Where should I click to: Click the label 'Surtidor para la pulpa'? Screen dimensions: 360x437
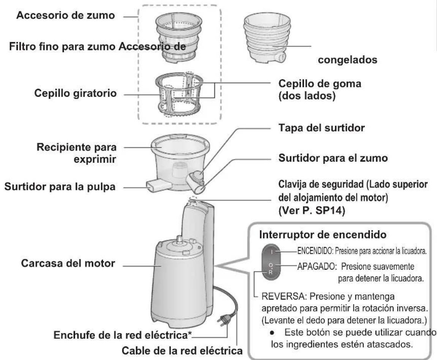pyautogui.click(x=59, y=187)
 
